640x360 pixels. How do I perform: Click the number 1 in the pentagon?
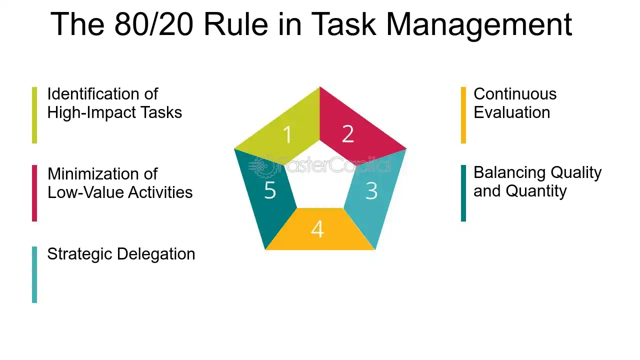tap(287, 135)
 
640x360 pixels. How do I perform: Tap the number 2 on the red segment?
tap(348, 134)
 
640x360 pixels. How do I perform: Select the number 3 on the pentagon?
tap(371, 190)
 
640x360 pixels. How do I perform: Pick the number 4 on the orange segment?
tap(317, 229)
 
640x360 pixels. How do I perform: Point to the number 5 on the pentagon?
tap(270, 190)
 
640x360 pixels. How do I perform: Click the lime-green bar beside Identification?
tap(34, 115)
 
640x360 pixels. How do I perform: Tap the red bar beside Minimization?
tap(34, 193)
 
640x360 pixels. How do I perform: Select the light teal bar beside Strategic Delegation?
tap(34, 274)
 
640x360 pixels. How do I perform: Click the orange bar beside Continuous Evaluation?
tap(463, 115)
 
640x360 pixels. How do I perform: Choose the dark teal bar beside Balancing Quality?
tap(463, 193)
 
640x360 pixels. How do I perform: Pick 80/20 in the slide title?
tap(153, 24)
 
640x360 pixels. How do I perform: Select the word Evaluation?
tap(511, 112)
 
